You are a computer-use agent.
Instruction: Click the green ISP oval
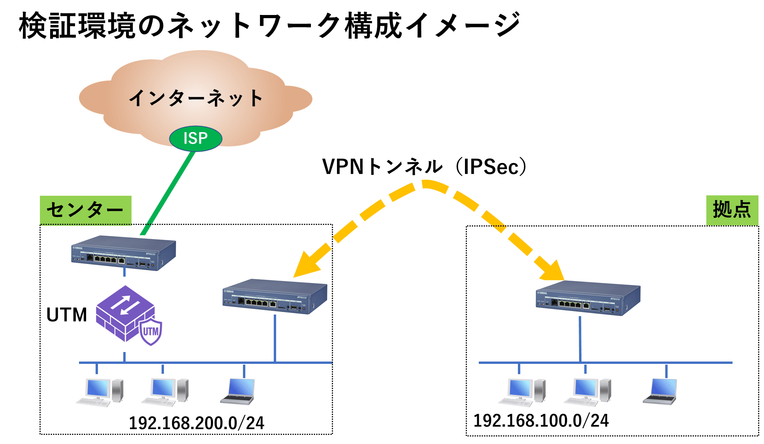pyautogui.click(x=196, y=139)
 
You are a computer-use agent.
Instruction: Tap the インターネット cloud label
pyautogui.click(x=196, y=98)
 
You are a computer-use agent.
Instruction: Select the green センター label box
pyautogui.click(x=85, y=210)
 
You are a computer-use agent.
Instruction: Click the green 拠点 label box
pyautogui.click(x=732, y=210)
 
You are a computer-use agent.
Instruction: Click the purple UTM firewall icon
pyautogui.click(x=126, y=314)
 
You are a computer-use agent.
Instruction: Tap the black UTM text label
pyautogui.click(x=66, y=315)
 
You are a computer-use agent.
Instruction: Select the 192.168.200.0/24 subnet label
pyautogui.click(x=196, y=423)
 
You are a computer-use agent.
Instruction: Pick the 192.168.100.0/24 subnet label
pyautogui.click(x=541, y=421)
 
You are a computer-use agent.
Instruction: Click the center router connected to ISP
pyautogui.click(x=123, y=253)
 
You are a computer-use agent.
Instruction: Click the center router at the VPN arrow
pyautogui.click(x=275, y=297)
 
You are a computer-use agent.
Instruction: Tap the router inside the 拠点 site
pyautogui.click(x=588, y=298)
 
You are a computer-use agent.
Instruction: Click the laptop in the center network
pyautogui.click(x=238, y=392)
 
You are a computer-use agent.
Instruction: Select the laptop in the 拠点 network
pyautogui.click(x=660, y=392)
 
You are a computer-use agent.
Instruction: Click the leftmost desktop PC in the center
pyautogui.click(x=100, y=393)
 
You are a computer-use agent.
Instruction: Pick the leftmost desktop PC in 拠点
pyautogui.click(x=521, y=393)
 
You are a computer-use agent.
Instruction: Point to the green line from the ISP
pyautogui.click(x=168, y=193)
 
